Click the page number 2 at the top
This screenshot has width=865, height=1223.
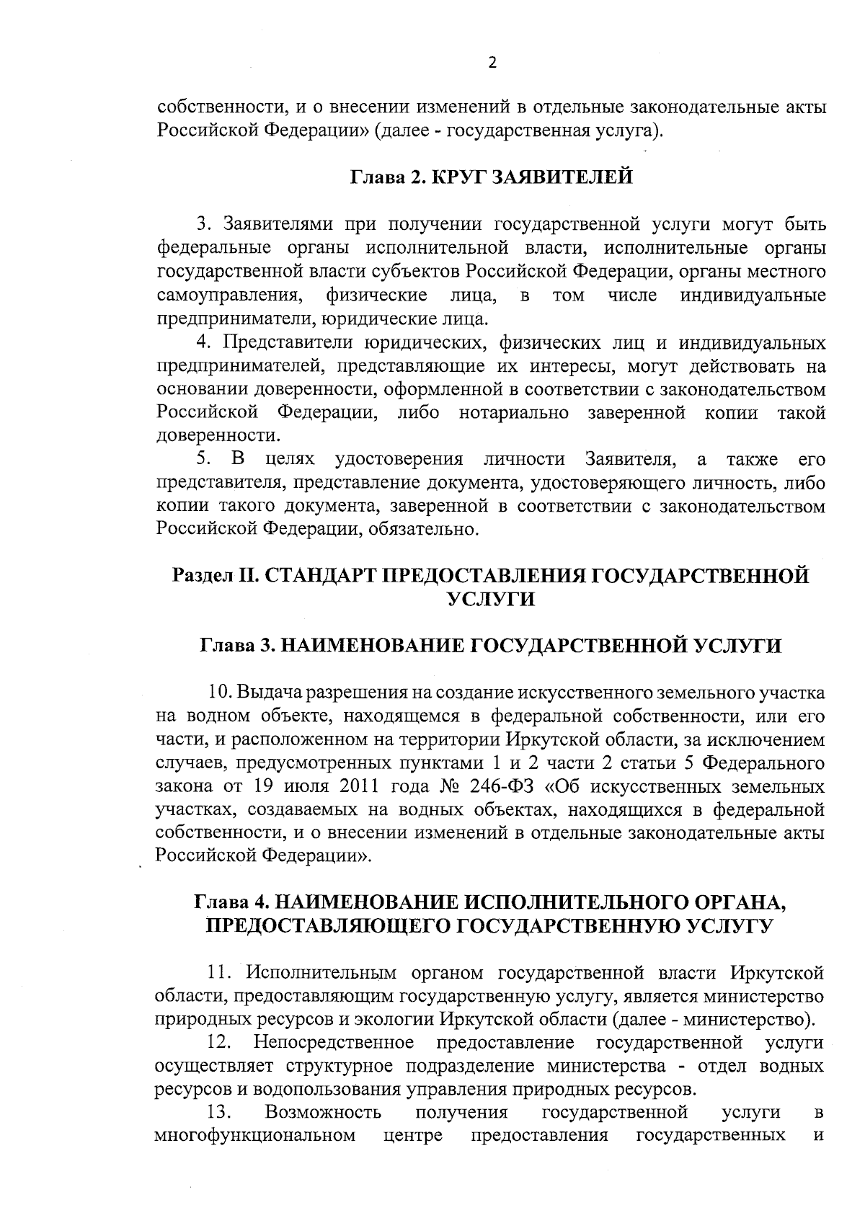tap(492, 63)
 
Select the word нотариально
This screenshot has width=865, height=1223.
tap(513, 412)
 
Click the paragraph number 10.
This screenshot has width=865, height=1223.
tap(219, 693)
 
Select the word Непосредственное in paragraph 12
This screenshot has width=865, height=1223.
tap(333, 1043)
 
